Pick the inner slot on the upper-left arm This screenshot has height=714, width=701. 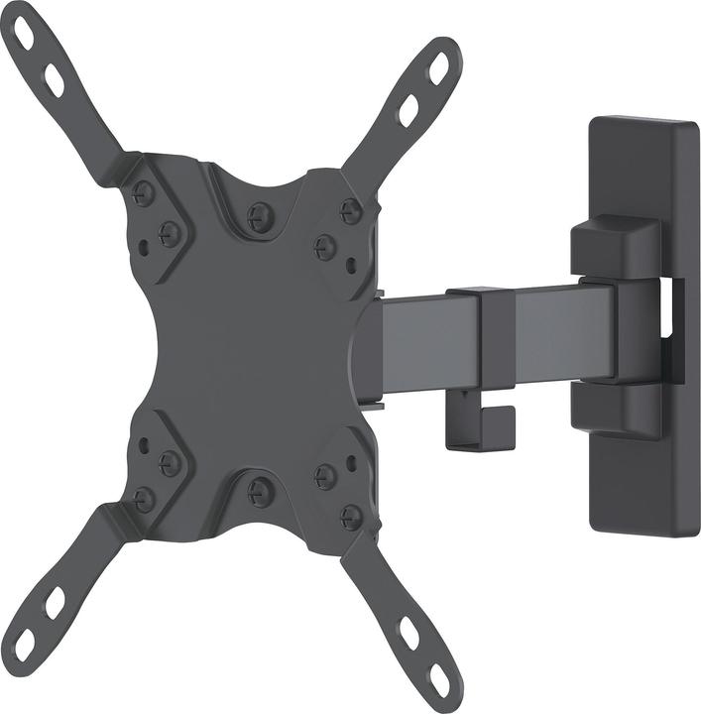54,79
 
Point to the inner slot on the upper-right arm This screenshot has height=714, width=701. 409,109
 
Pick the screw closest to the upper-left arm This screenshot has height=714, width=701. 144,194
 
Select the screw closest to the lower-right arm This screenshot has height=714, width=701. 351,516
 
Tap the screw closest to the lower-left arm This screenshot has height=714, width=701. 145,499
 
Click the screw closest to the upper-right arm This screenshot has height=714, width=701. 350,209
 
